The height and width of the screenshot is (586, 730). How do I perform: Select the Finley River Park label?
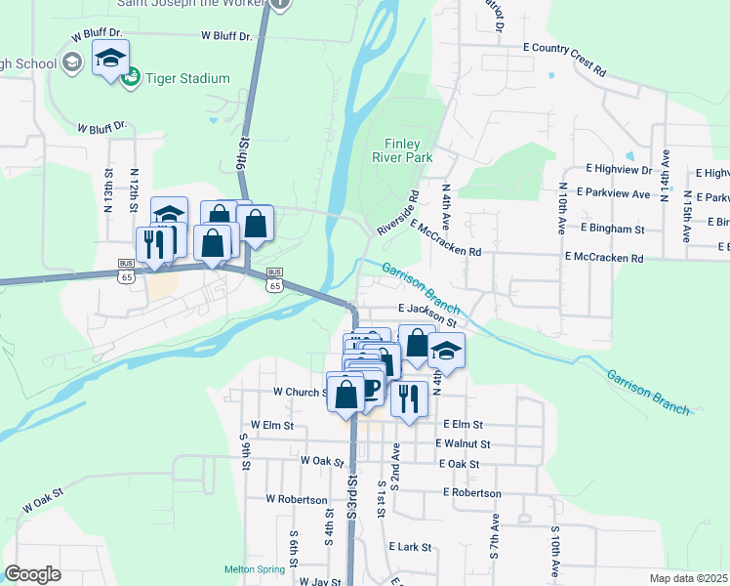pyautogui.click(x=401, y=148)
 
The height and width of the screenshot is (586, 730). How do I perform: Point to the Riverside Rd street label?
pyautogui.click(x=398, y=212)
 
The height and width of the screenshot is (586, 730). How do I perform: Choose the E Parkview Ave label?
pyautogui.click(x=614, y=193)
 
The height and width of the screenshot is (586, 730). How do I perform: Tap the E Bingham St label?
pyautogui.click(x=612, y=229)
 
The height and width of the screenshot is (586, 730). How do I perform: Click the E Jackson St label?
pyautogui.click(x=427, y=314)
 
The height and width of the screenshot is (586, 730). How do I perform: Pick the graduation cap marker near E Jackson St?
pyautogui.click(x=446, y=351)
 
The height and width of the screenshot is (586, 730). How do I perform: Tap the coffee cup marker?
pyautogui.click(x=369, y=389)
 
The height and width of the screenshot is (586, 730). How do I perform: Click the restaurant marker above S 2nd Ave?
pyautogui.click(x=409, y=398)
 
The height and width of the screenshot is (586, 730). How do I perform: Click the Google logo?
pyautogui.click(x=32, y=574)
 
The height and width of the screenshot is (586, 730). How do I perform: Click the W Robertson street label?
pyautogui.click(x=297, y=498)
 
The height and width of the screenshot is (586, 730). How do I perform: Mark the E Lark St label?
pyautogui.click(x=410, y=547)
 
